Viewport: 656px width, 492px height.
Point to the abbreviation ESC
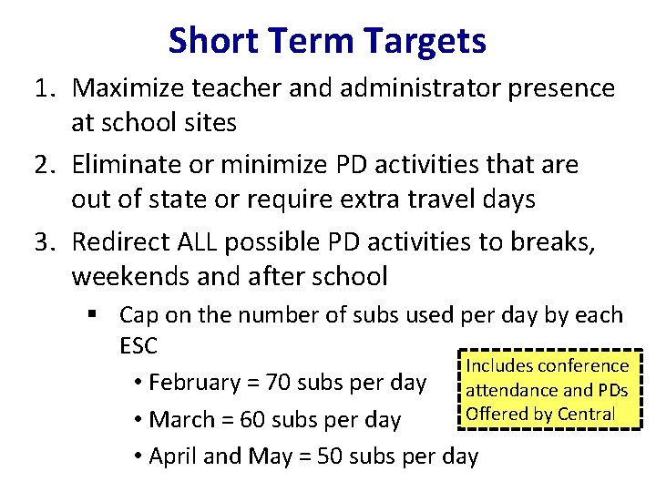point(138,346)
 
